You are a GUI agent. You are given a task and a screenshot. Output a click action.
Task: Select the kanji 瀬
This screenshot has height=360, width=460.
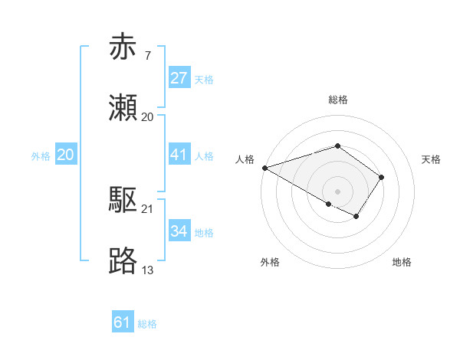pyautogui.click(x=123, y=108)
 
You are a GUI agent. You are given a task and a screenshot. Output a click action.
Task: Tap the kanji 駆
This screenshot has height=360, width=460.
pyautogui.click(x=123, y=201)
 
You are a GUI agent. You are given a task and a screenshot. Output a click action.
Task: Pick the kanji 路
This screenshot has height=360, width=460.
pyautogui.click(x=123, y=261)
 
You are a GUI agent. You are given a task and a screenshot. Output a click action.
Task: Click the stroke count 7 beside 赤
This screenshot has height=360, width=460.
pyautogui.click(x=147, y=56)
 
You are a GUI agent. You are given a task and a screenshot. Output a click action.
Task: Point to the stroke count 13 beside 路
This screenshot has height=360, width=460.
pyautogui.click(x=148, y=270)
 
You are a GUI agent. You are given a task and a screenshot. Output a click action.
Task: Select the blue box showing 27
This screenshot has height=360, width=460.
pyautogui.click(x=179, y=78)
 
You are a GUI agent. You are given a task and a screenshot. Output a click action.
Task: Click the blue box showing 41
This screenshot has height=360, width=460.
pyautogui.click(x=179, y=155)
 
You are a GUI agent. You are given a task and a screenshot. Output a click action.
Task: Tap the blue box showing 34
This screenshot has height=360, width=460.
pyautogui.click(x=179, y=231)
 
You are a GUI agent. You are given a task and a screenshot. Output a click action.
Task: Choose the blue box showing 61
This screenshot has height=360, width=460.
pyautogui.click(x=123, y=322)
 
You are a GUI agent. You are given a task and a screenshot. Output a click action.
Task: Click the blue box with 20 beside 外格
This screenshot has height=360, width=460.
pyautogui.click(x=66, y=155)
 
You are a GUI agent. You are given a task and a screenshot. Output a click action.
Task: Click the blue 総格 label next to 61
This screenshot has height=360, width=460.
pyautogui.click(x=147, y=324)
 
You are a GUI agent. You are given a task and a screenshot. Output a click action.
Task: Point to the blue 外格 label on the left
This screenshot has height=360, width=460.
pyautogui.click(x=41, y=156)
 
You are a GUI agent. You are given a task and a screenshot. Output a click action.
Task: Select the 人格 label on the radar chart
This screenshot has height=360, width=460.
pyautogui.click(x=245, y=159)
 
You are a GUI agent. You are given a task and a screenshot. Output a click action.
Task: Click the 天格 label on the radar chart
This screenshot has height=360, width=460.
pyautogui.click(x=432, y=159)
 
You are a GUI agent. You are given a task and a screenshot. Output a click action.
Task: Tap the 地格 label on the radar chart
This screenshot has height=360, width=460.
pyautogui.click(x=402, y=262)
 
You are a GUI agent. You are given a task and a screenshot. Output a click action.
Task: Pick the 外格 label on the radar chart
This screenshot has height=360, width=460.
pyautogui.click(x=270, y=262)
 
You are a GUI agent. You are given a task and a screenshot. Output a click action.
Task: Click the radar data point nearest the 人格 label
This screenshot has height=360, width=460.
pyautogui.click(x=264, y=168)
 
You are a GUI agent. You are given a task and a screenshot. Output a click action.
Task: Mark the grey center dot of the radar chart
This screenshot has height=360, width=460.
pyautogui.click(x=337, y=191)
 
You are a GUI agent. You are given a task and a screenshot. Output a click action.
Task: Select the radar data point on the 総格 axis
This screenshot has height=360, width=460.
pyautogui.click(x=337, y=146)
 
